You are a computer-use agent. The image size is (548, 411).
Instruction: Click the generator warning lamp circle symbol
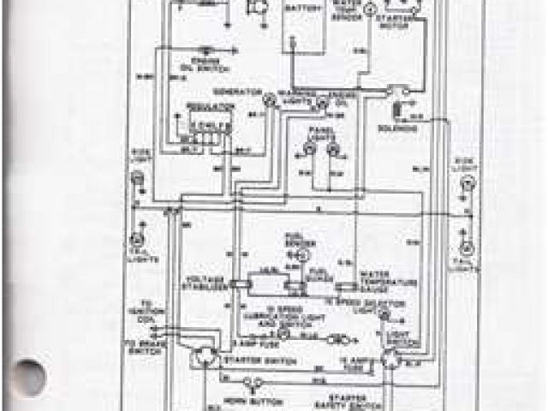pyautogui.click(x=269, y=100)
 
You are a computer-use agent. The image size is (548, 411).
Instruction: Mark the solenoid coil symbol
pyautogui.click(x=397, y=112)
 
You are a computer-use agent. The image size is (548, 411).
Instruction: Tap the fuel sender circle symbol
pyautogui.click(x=301, y=255)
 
